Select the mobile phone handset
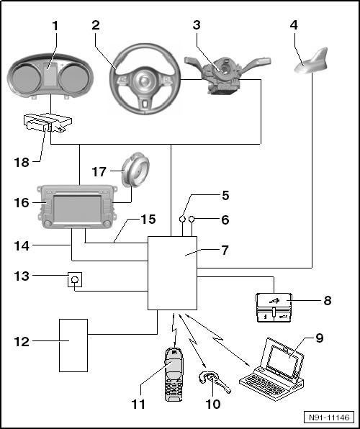click(174, 374)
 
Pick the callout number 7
click(225, 250)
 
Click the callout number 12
click(22, 342)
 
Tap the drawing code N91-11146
click(329, 417)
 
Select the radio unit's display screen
click(77, 209)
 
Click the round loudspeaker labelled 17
click(135, 170)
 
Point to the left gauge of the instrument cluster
click(27, 78)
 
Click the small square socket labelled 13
click(75, 279)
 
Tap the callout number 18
click(22, 163)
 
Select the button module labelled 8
click(274, 307)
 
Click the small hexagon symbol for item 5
click(183, 219)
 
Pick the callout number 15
click(148, 219)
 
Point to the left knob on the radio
click(48, 224)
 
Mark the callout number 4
click(294, 25)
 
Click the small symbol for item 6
click(192, 219)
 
